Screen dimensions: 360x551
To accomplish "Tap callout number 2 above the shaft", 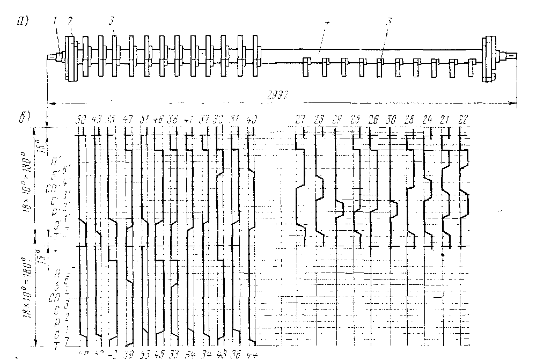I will coord(70,21).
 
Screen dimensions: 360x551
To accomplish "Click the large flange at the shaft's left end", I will coord(70,58).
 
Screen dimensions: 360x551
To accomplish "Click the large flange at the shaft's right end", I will coord(489,58).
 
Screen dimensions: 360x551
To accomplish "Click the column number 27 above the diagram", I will coord(299,119).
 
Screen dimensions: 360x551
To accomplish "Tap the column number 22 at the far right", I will coord(462,119).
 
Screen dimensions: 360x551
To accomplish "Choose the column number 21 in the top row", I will coord(445,119).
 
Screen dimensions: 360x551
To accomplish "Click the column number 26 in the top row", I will coord(374,119).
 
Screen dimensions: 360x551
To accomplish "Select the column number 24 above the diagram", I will coord(427,119).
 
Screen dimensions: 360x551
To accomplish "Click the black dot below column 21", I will coord(442,255).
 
